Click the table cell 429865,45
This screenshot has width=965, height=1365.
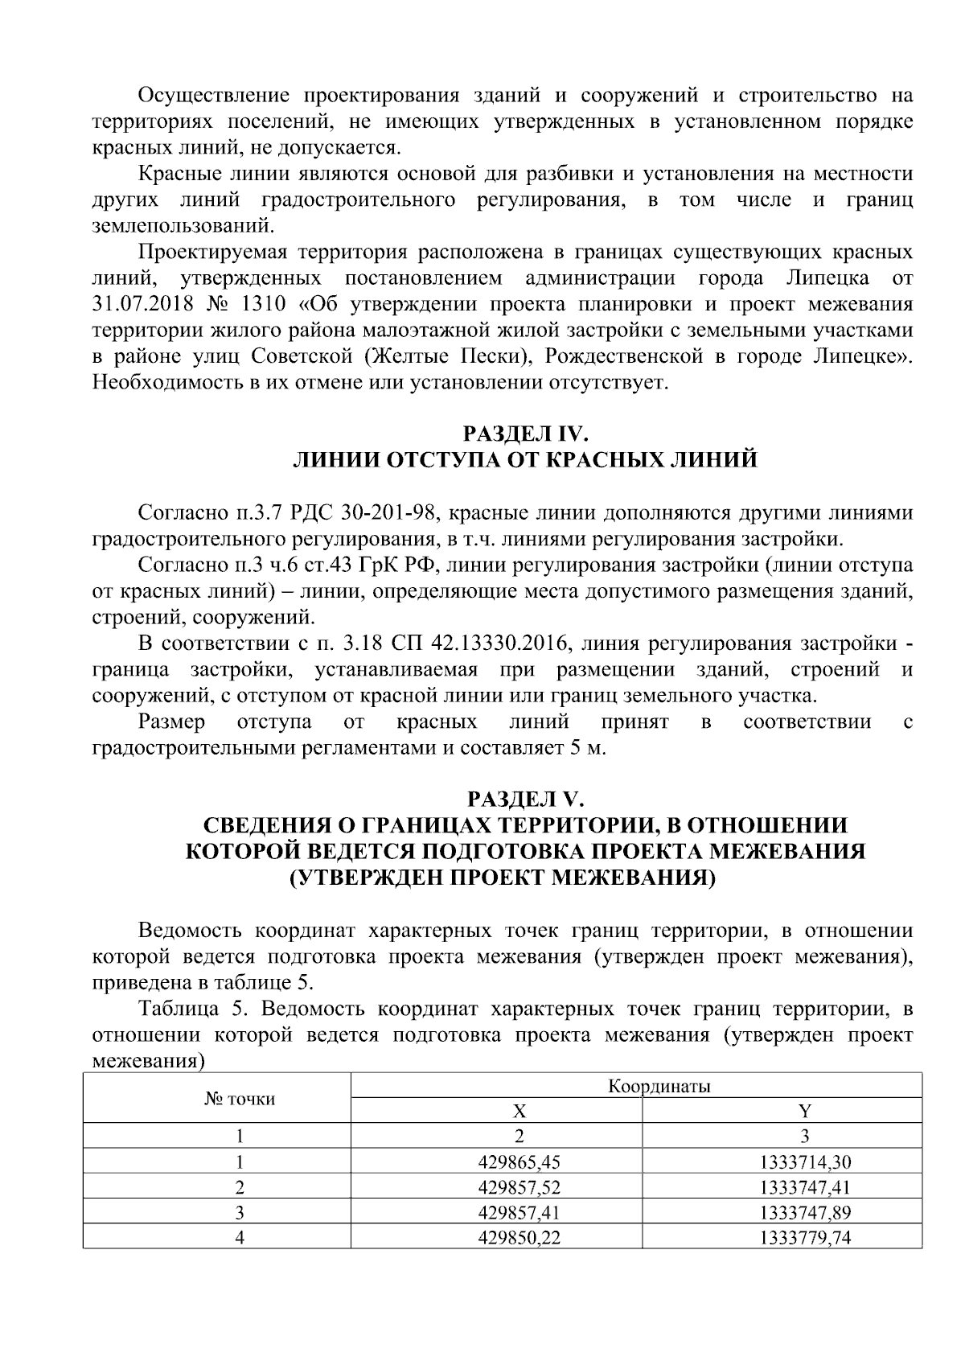pos(519,1161)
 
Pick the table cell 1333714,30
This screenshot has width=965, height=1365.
pos(804,1161)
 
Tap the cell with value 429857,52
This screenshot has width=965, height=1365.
pos(519,1186)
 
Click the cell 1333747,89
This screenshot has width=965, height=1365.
pos(804,1211)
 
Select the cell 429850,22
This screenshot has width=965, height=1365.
pos(519,1237)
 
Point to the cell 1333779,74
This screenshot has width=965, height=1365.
pos(804,1237)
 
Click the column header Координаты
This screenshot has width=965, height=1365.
pos(659,1087)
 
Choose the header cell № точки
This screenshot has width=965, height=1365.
pos(239,1099)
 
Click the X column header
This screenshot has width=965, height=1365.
pos(519,1112)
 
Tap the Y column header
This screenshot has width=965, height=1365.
pos(804,1112)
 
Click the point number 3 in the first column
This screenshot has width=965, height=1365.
pos(239,1211)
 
